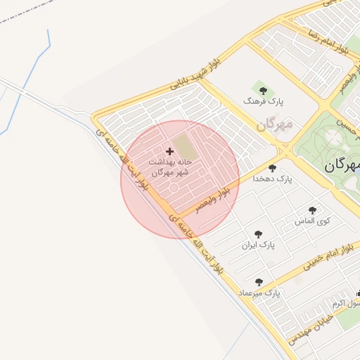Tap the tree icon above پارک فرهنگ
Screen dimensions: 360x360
click(x=263, y=90)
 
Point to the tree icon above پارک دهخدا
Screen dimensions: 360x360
click(x=273, y=168)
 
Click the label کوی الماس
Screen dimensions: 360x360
click(x=313, y=221)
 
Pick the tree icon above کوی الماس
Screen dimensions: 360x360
click(x=312, y=210)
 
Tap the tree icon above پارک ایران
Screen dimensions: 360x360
click(x=258, y=234)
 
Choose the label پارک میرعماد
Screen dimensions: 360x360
click(x=259, y=292)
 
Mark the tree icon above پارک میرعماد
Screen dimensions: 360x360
click(x=259, y=281)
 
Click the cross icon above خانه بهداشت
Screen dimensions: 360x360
click(x=169, y=150)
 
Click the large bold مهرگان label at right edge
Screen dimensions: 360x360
click(x=342, y=167)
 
